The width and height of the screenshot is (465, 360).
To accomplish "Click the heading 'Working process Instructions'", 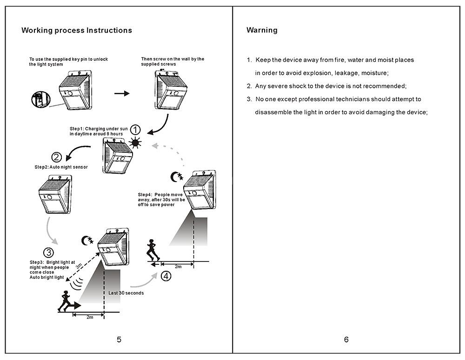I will pos(77,31).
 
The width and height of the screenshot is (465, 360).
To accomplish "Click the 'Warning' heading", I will pos(262,30).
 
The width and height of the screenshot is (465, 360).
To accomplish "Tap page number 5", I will pos(119,340).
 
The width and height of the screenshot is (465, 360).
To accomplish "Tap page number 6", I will pos(346,340).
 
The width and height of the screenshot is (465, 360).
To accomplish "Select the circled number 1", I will pos(134,130).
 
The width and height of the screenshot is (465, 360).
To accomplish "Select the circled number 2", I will pos(56,157).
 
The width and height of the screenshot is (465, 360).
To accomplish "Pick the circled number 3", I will pos(48,253).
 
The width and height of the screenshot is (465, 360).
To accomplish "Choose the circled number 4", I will pos(166,276).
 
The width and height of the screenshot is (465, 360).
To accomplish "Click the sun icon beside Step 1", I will pos(135,143).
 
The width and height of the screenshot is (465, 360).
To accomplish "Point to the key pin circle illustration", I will pos(39,99).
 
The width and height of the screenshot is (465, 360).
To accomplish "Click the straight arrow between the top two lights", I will pos(122,93).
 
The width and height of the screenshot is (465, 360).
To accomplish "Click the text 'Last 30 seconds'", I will pos(126,293).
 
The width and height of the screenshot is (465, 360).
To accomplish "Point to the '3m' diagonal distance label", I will pos(79,266).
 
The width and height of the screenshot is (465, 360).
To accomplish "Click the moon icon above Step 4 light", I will pos(176,177).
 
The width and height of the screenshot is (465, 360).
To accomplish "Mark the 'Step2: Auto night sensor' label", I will pos(61,167).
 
